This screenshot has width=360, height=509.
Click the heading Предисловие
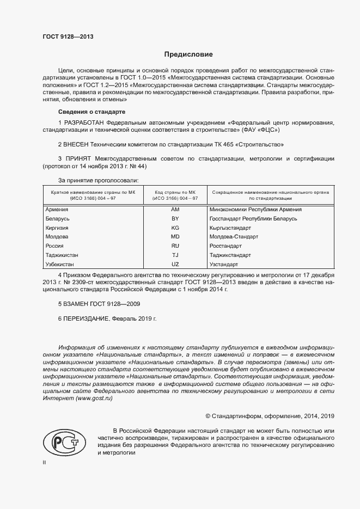(x=188, y=54)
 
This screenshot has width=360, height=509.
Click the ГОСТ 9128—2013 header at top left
(x=68, y=37)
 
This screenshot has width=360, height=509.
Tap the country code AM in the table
(x=175, y=209)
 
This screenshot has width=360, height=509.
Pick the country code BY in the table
(x=175, y=218)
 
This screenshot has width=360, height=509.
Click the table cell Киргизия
(x=57, y=228)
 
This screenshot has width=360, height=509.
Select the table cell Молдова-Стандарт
(x=234, y=237)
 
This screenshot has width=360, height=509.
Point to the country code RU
(x=175, y=246)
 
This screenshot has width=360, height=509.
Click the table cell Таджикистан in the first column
(x=62, y=255)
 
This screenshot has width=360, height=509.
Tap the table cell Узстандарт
(x=224, y=265)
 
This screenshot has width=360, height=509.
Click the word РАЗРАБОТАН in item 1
(x=84, y=123)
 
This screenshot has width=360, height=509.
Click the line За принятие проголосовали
(x=98, y=180)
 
